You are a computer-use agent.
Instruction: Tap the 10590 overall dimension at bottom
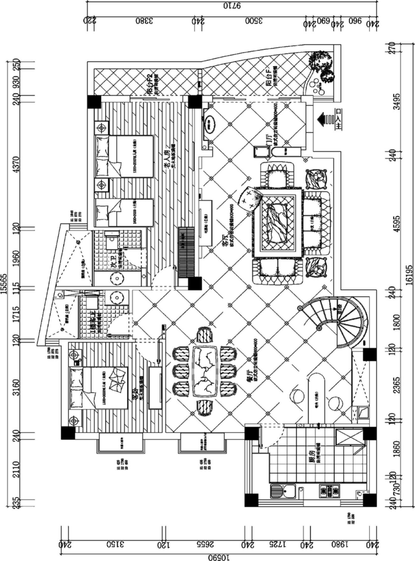[218, 557]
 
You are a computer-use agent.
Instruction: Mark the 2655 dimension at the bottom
[205, 543]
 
